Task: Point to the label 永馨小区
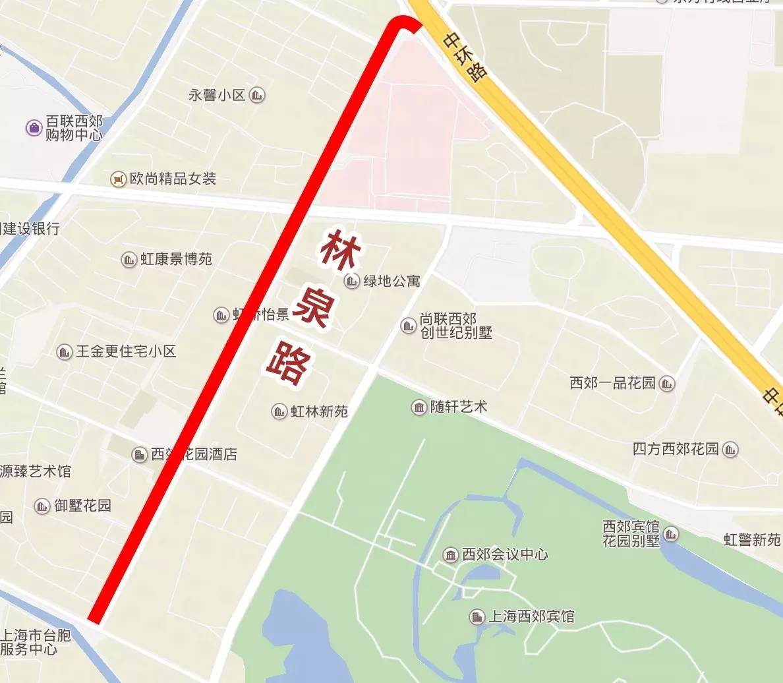tap(217, 95)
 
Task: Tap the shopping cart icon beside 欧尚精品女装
tap(119, 179)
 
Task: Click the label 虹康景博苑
tap(176, 259)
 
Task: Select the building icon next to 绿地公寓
tap(351, 282)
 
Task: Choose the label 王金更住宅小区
tap(126, 351)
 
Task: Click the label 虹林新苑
tap(319, 411)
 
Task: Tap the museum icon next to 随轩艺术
tap(419, 407)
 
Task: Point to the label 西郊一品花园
tap(612, 383)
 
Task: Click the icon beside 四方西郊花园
tap(730, 450)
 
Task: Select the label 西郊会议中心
tap(505, 554)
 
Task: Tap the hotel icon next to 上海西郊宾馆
tap(477, 617)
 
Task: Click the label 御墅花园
tap(82, 506)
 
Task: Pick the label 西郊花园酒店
tap(194, 454)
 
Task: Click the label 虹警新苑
tap(753, 540)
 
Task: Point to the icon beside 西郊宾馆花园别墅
tap(671, 533)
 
